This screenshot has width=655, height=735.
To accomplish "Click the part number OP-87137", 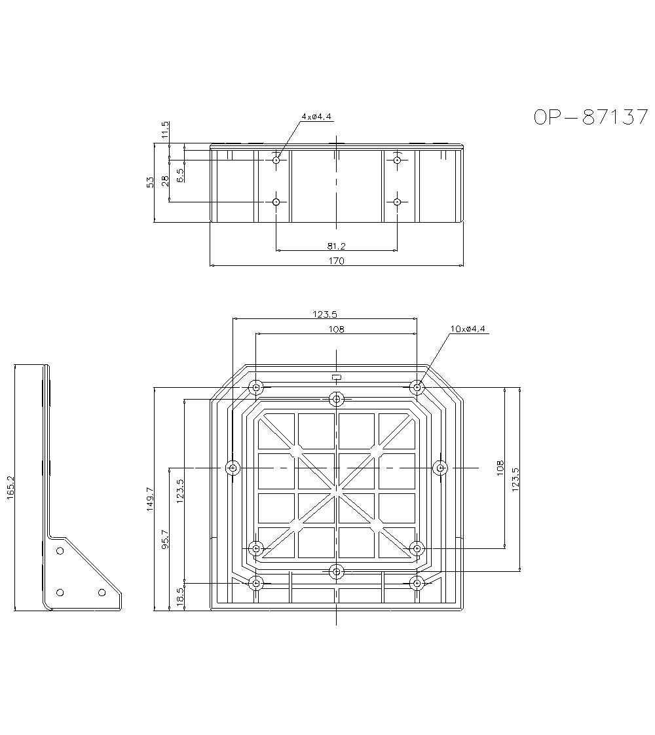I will coord(590,117).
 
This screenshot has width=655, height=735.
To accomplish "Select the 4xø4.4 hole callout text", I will coord(316,117).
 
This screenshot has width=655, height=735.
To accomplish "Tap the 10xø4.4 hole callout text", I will coord(468,329).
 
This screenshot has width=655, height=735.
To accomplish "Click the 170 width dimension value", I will coord(336,261).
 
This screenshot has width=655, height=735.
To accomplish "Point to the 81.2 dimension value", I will coord(336,246).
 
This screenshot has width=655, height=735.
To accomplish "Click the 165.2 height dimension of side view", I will coord(10,488).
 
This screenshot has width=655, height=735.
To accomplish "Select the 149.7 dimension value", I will coord(150,499).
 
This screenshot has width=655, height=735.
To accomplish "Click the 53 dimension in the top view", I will coord(150,182).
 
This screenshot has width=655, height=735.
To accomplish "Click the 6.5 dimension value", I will coord(181,174).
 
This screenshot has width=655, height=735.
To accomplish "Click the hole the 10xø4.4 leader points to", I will coord(417,387).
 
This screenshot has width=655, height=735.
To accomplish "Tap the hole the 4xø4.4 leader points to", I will coord(276,160).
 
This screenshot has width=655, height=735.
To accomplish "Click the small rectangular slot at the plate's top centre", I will coord(337,377).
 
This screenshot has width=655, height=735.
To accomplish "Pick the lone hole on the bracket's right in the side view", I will coord(102,592).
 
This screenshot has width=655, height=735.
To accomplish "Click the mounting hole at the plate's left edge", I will coord(232,468).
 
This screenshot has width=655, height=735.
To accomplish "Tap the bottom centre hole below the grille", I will coord(337,572).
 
